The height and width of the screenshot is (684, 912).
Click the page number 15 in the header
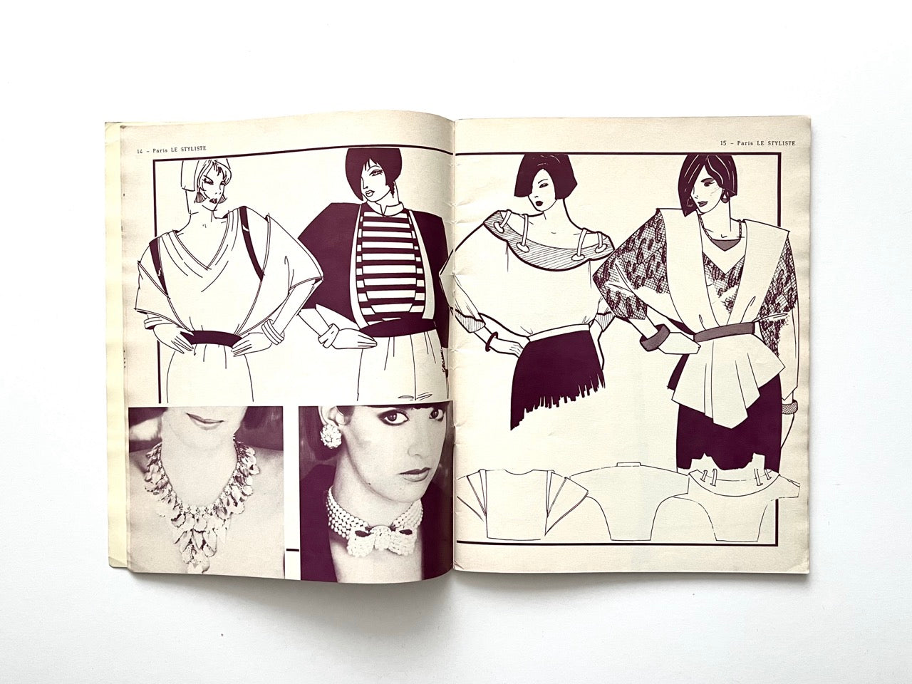coord(725,142)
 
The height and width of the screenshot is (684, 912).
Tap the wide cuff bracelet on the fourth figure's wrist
coord(652,336)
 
